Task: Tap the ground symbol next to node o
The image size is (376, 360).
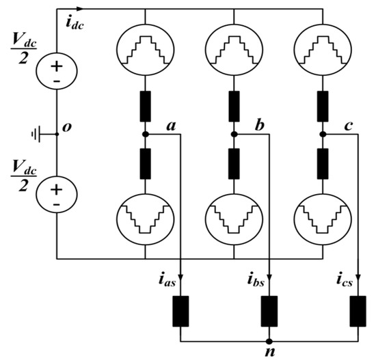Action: pyautogui.click(x=37, y=134)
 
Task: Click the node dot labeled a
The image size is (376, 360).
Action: pyautogui.click(x=146, y=135)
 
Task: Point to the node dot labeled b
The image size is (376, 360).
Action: pyautogui.click(x=233, y=135)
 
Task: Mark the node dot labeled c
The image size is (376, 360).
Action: pyautogui.click(x=321, y=135)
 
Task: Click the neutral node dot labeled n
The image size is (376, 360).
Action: pyautogui.click(x=269, y=340)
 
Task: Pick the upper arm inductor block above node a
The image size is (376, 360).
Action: pyautogui.click(x=146, y=106)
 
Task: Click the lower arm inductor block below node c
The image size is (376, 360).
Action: pyautogui.click(x=321, y=165)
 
